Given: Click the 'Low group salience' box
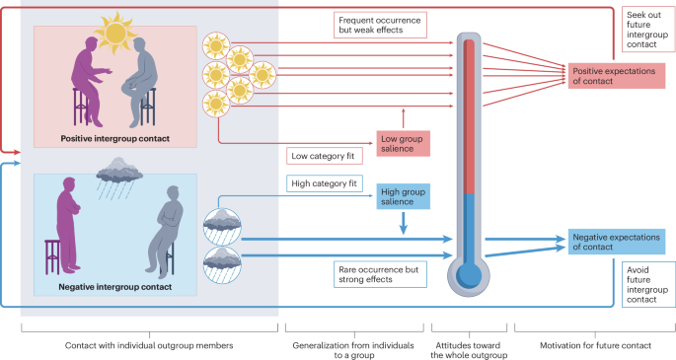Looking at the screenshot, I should pyautogui.click(x=403, y=141).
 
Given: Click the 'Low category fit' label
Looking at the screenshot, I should pyautogui.click(x=323, y=156).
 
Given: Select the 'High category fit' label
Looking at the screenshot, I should pyautogui.click(x=325, y=182).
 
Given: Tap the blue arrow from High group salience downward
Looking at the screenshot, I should pyautogui.click(x=403, y=224).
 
